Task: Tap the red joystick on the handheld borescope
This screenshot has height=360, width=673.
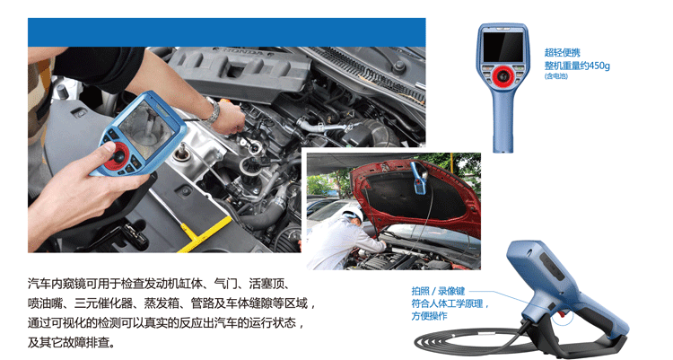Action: (117, 155)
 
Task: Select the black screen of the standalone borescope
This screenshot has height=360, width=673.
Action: (503, 47)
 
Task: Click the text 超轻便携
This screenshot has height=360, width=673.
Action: (563, 53)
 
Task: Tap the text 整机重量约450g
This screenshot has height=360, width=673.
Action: (577, 66)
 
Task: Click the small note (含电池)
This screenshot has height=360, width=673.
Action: (555, 76)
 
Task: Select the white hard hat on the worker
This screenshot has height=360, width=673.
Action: (354, 213)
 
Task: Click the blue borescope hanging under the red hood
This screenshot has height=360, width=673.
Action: (419, 177)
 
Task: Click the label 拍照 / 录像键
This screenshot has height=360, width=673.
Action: (438, 291)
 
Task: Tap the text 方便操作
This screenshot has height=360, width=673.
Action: (429, 316)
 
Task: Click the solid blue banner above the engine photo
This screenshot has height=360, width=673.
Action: (227, 32)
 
